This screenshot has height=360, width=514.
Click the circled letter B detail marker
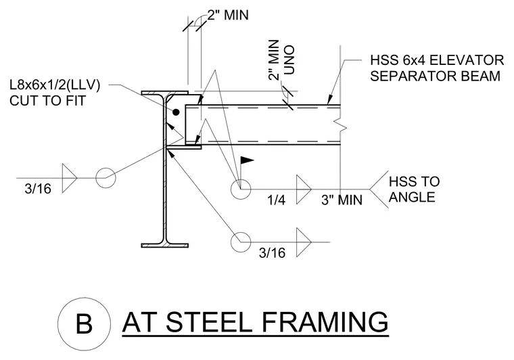pyautogui.click(x=85, y=324)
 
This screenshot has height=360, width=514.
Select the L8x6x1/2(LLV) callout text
pyautogui.click(x=55, y=85)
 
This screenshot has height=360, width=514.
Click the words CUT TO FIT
pyautogui.click(x=47, y=101)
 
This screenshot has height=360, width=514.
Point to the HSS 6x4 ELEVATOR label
pyautogui.click(x=437, y=60)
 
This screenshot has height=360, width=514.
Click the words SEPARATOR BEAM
pyautogui.click(x=436, y=76)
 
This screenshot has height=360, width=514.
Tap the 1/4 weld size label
pyautogui.click(x=277, y=200)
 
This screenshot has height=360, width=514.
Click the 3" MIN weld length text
pyautogui.click(x=342, y=200)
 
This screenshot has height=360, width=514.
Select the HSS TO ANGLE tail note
pyautogui.click(x=414, y=189)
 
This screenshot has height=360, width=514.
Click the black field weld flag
pyautogui.click(x=247, y=160)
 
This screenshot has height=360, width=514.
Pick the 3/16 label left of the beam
pyautogui.click(x=38, y=189)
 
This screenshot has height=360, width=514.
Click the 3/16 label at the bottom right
pyautogui.click(x=272, y=253)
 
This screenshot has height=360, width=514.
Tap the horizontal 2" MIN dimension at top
pyautogui.click(x=228, y=15)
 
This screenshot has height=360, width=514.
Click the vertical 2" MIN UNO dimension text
pyautogui.click(x=281, y=60)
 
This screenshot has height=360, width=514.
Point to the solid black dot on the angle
pyautogui.click(x=176, y=112)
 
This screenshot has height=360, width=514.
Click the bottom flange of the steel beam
pyautogui.click(x=165, y=245)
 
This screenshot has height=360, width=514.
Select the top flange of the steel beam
pyautogui.click(x=165, y=93)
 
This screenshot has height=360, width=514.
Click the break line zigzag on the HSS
pyautogui.click(x=341, y=125)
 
